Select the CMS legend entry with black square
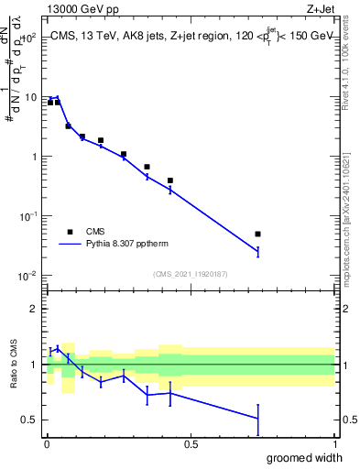pyautogui.click(x=70, y=232)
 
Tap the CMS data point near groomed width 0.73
pyautogui.click(x=257, y=234)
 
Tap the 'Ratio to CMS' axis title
pyautogui.click(x=14, y=365)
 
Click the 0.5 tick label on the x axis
pyautogui.click(x=190, y=446)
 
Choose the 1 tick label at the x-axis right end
pyautogui.click(x=333, y=446)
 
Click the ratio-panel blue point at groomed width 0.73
pyautogui.click(x=257, y=419)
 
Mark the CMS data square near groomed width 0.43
pyautogui.click(x=170, y=180)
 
